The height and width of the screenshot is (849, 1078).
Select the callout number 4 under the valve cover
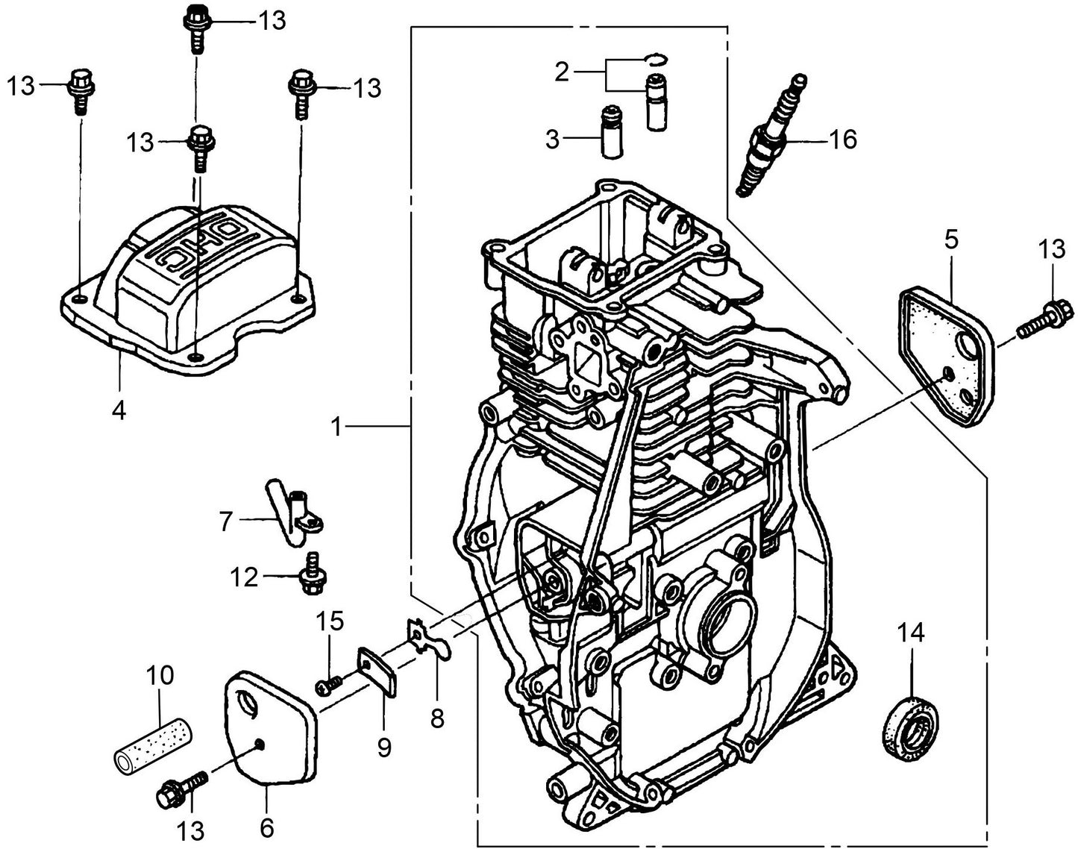pyautogui.click(x=119, y=410)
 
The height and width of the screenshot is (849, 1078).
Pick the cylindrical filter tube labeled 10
pyautogui.click(x=154, y=745)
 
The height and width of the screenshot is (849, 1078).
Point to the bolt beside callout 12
pyautogui.click(x=309, y=576)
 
